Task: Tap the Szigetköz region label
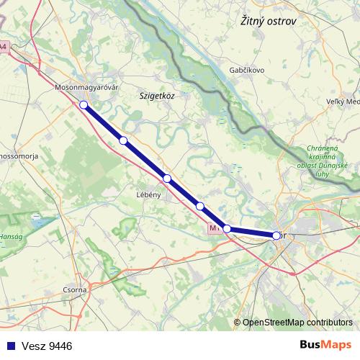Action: click(x=158, y=94)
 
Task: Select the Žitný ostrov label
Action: click(x=269, y=22)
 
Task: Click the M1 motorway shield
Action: click(x=213, y=228)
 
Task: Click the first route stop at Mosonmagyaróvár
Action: click(x=84, y=105)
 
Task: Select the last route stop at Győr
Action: click(x=276, y=235)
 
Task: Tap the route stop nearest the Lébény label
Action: click(x=166, y=179)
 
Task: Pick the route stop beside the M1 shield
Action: click(x=227, y=229)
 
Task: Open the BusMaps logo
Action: click(x=326, y=345)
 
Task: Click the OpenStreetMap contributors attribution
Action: click(x=297, y=323)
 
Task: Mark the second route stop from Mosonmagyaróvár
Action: click(x=123, y=140)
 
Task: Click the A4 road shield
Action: click(x=4, y=47)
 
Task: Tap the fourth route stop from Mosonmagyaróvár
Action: click(x=200, y=207)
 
